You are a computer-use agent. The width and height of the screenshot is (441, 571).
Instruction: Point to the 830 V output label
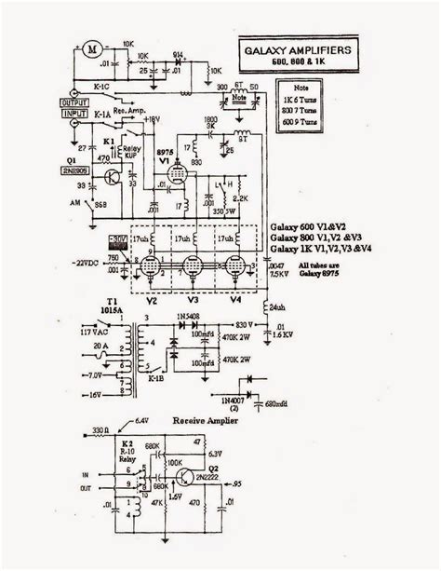244,323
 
